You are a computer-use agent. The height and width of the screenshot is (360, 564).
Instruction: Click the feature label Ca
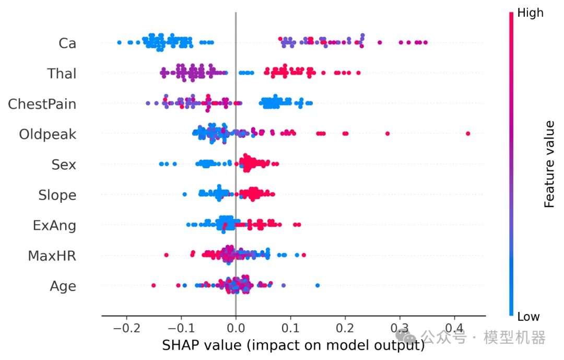67,43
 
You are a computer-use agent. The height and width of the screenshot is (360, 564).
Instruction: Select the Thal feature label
62,74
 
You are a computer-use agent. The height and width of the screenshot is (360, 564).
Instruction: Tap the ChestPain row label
42,104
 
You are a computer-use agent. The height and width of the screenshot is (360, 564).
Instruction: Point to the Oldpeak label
48,134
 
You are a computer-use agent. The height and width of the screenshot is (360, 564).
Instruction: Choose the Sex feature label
64,165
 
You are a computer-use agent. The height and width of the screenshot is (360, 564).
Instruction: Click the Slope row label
57,195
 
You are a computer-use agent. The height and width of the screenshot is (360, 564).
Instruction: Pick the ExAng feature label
54,225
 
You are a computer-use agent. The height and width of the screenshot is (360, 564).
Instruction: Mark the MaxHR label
52,256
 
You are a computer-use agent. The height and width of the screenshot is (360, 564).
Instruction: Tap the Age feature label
63,286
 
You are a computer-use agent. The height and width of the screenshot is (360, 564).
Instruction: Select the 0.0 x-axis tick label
236,330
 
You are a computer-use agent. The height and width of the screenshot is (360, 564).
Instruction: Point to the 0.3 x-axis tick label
399,330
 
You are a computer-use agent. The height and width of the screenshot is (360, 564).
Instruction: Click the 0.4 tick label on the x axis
454,330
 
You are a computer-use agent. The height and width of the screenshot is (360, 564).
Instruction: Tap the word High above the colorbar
530,13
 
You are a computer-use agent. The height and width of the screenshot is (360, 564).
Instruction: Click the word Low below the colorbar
528,317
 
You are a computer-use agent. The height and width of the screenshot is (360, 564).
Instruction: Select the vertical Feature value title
549,164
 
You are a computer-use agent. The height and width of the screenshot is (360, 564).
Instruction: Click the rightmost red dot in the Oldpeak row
468,134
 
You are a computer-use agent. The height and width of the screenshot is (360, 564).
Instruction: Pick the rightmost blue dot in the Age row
318,285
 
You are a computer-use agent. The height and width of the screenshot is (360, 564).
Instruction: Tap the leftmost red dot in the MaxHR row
167,255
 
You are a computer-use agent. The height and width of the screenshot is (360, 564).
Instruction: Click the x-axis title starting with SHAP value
293,345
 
